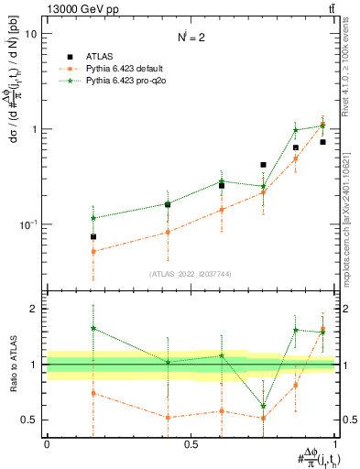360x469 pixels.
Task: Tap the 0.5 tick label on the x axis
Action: click(191, 444)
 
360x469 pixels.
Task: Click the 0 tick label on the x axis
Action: click(47, 444)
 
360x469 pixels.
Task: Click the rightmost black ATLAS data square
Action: click(322, 142)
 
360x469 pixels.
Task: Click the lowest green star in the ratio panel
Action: click(264, 406)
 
